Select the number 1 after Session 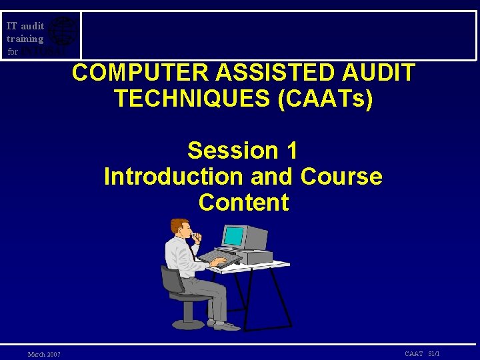click(x=291, y=151)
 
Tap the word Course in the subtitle click(x=341, y=177)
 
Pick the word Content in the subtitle click(x=243, y=203)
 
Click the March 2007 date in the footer click(x=44, y=354)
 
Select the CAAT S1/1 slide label click(x=422, y=353)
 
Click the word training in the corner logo click(x=25, y=39)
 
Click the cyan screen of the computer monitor click(x=233, y=236)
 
